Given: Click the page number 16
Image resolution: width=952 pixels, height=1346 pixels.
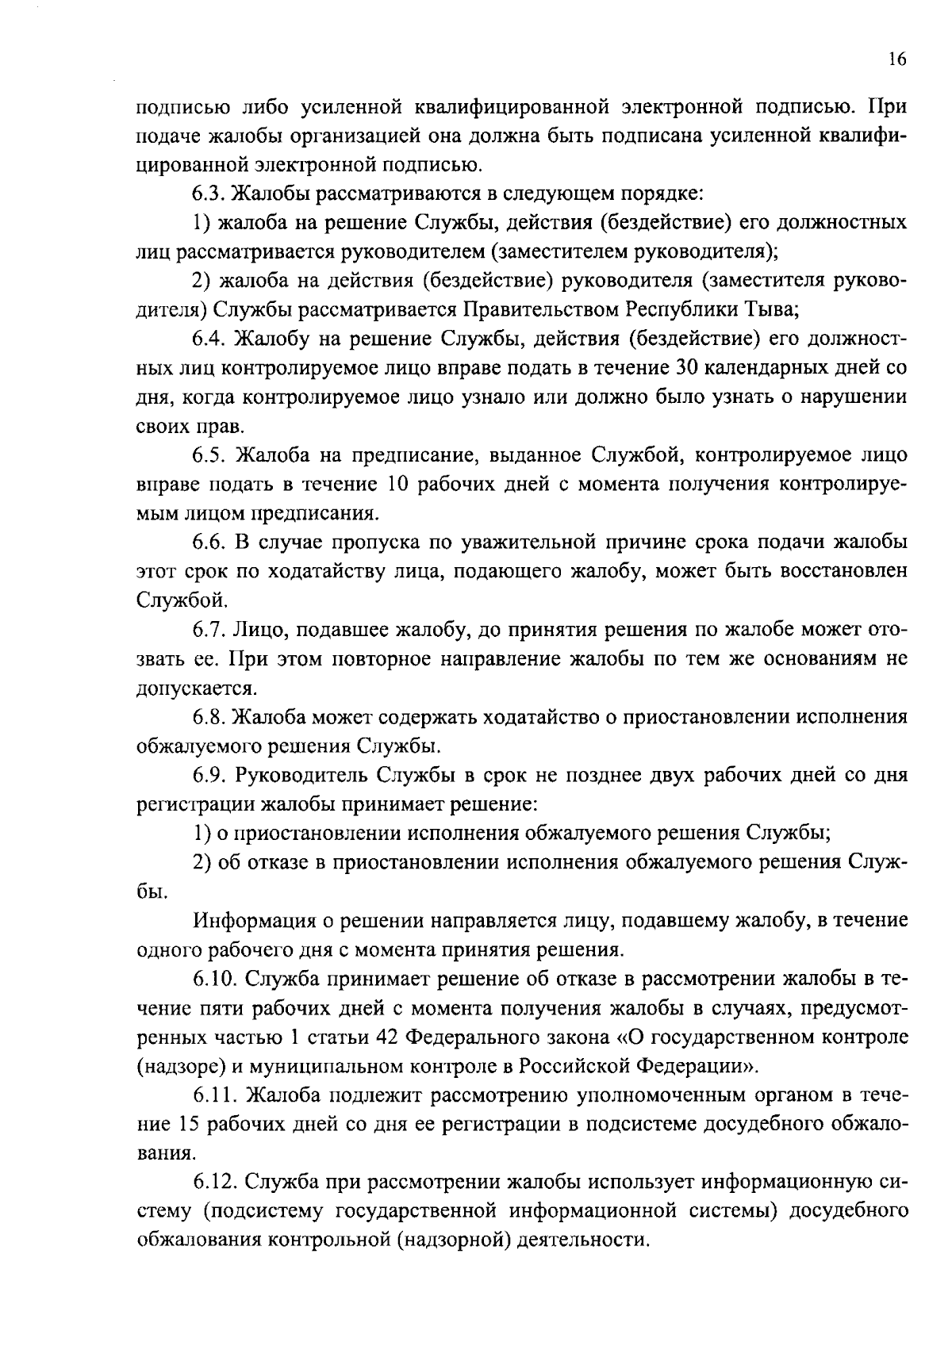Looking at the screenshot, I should click(896, 60).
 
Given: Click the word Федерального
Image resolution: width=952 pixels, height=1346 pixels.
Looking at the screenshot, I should click(484, 1037).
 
